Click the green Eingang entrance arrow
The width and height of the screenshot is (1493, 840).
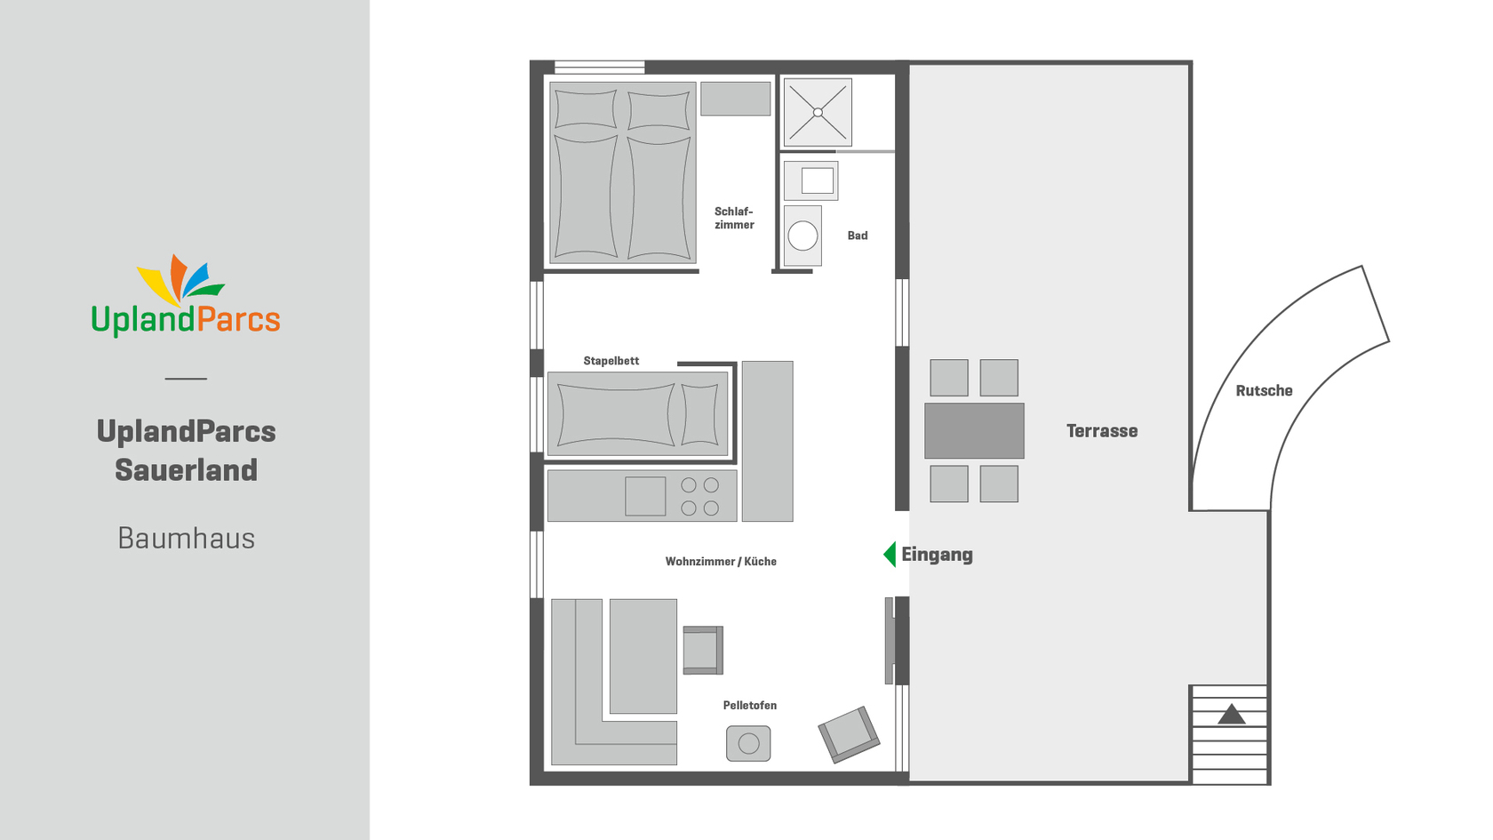pos(890,555)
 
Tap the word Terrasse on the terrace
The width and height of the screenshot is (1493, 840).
pos(1102,431)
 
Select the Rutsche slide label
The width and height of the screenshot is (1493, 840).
pos(1264,391)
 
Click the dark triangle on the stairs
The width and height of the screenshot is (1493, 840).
pos(1231,714)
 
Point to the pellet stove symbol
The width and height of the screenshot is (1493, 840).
pos(748,743)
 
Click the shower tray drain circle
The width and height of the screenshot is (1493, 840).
pos(818,113)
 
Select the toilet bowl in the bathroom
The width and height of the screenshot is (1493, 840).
pos(802,236)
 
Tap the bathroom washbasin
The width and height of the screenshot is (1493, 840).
pos(810,180)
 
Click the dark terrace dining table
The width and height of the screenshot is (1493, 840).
pos(974,430)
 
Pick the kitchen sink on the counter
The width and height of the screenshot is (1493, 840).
pos(645,496)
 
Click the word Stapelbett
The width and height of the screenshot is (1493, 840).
pos(611,361)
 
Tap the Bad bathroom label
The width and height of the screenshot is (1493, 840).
pos(857,236)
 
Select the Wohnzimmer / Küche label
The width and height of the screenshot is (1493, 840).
pos(721,562)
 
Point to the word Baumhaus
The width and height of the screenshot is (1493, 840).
pos(186,538)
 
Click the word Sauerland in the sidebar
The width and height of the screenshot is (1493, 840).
pos(186,470)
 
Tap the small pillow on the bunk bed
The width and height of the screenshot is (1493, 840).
pos(700,414)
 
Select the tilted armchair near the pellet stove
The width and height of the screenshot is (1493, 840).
pos(850,734)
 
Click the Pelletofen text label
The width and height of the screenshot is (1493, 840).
pos(750,706)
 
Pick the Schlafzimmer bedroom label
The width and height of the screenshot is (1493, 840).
pos(734,218)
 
